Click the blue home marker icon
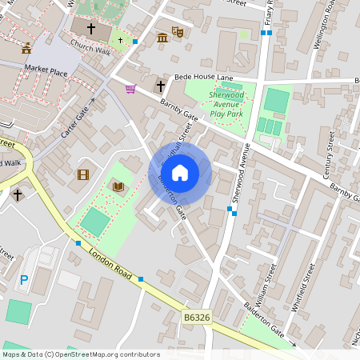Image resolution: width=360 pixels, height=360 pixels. click(x=180, y=172)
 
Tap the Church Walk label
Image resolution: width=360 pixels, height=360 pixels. click(x=90, y=50)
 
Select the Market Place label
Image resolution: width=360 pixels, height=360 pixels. click(x=47, y=71)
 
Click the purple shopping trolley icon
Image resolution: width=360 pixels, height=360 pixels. click(x=130, y=88)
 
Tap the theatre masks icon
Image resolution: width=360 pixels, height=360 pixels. click(x=178, y=33)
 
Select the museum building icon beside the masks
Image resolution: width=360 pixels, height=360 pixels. click(x=163, y=38)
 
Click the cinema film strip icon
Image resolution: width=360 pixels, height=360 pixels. click(x=82, y=174)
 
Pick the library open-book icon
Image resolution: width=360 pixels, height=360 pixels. click(x=118, y=186)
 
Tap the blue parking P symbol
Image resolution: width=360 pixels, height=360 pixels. click(x=24, y=280)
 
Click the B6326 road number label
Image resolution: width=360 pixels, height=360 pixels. click(x=197, y=318)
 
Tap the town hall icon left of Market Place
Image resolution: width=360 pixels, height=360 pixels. click(x=26, y=48)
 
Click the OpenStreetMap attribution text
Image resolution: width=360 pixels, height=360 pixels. click(x=81, y=354)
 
